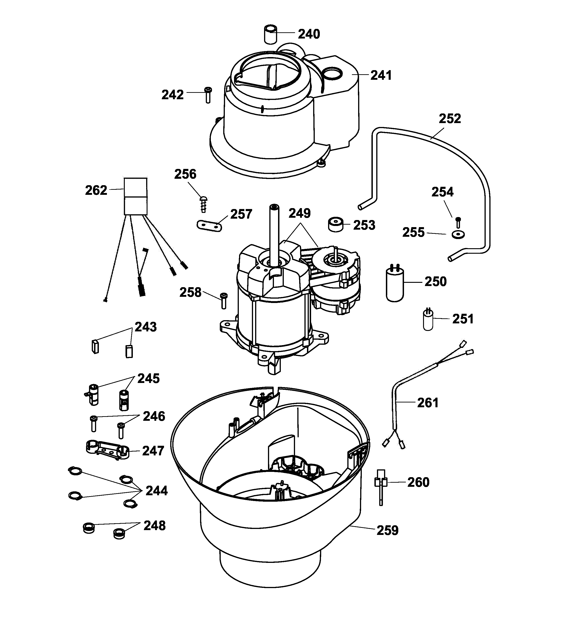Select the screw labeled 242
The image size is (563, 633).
click(208, 95)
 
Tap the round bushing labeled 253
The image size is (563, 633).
click(336, 224)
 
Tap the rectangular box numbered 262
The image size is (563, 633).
click(136, 196)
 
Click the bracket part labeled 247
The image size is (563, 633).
click(107, 450)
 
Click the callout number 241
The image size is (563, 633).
click(381, 75)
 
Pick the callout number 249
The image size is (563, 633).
click(299, 213)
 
